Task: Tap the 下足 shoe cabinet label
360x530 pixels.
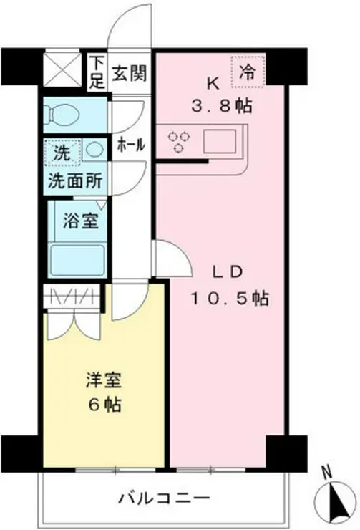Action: (x=96, y=70)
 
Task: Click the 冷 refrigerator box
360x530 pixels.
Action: (x=248, y=71)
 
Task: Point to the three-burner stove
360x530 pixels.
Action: (x=178, y=140)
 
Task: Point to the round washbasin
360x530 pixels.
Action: (x=92, y=151)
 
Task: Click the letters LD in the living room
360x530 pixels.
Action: (x=230, y=271)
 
